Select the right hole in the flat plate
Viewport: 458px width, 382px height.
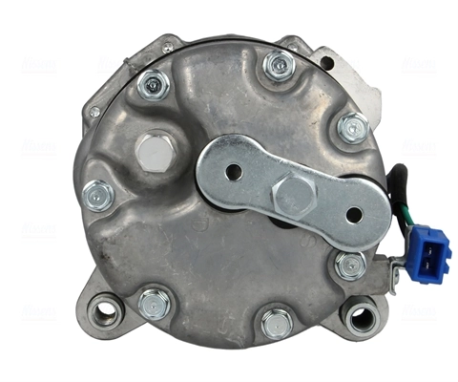354,214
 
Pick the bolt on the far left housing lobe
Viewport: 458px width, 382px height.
98,195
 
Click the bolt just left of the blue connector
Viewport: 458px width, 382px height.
349,265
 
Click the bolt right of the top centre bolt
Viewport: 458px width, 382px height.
351,126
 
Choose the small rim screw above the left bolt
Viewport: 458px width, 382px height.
94,112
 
